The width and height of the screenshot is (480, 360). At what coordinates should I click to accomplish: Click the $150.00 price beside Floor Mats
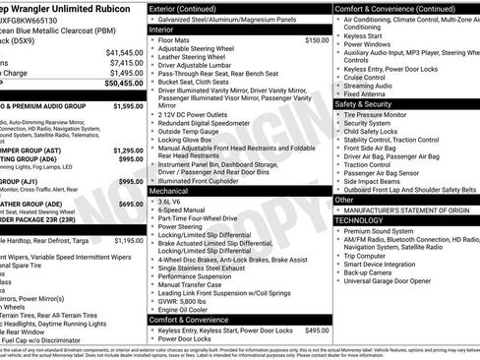pos(317,40)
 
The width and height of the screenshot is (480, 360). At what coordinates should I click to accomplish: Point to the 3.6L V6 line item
pos(174,201)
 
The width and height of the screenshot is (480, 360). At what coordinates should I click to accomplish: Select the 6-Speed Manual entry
pos(184,210)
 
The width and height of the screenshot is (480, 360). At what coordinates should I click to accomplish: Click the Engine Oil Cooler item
pos(189,310)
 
